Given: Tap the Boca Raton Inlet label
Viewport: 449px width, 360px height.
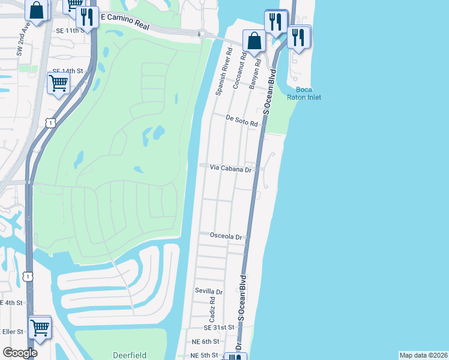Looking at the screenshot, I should coord(307,93).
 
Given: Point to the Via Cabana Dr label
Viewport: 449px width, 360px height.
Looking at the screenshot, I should coord(231,169).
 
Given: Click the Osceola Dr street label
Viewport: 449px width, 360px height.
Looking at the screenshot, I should coord(226,236).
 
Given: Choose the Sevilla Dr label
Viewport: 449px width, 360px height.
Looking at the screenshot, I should coord(209,291).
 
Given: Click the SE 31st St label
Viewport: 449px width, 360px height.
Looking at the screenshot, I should coord(218,328).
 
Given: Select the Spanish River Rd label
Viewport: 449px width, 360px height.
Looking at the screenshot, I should coord(220,77).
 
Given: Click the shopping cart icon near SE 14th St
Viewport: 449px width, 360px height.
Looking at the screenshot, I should coord(58,82).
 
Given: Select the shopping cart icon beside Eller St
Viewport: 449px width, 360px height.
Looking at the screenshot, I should coord(40,327).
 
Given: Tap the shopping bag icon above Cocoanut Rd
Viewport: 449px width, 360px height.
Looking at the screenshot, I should coord(254,41).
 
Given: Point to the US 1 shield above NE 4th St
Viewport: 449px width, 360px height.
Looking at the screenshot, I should coord(27,277).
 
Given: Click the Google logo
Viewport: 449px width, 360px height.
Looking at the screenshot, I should coord(20,352).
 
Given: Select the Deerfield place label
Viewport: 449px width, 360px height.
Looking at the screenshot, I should coord(130,355).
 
